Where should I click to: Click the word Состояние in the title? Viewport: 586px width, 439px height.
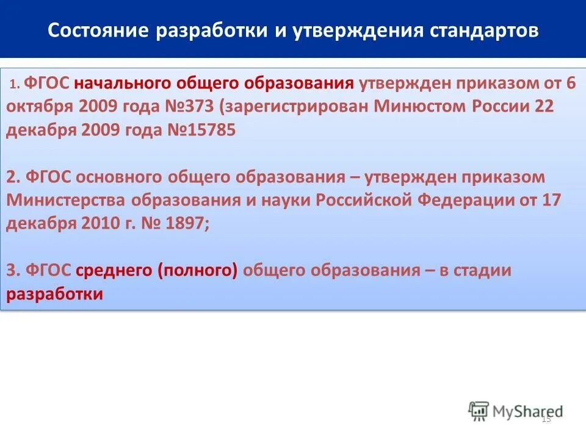[89, 30]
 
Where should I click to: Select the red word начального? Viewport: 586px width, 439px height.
[125, 84]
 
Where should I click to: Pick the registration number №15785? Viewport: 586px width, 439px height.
[201, 130]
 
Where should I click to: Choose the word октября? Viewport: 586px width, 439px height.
[40, 107]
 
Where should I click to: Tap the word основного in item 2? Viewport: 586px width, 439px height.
[125, 177]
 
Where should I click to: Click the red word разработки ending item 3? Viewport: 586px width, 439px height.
[54, 294]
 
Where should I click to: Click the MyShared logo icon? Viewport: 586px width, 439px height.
[479, 412]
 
